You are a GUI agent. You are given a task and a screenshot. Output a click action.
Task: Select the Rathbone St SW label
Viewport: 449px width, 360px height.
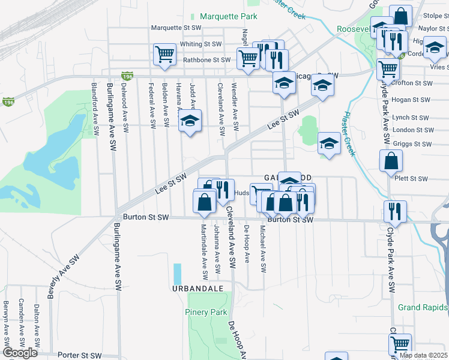click(207, 60)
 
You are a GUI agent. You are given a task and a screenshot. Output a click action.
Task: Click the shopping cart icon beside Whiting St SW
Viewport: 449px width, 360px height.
click(164, 53)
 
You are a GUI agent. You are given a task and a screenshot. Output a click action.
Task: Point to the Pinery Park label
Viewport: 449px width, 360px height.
click(206, 312)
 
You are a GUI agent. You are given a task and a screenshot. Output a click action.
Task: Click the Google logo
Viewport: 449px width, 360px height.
click(20, 353)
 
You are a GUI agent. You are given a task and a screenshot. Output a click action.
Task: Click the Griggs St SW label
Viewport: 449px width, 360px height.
click(412, 144)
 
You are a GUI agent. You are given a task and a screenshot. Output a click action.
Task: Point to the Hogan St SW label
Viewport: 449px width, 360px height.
click(411, 100)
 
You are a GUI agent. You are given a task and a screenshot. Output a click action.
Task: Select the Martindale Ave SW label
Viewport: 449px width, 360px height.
click(204, 251)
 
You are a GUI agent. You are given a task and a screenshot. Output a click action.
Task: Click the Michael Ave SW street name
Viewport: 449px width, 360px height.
click(262, 248)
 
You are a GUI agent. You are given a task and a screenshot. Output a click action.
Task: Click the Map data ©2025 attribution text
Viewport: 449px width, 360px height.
click(423, 355)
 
